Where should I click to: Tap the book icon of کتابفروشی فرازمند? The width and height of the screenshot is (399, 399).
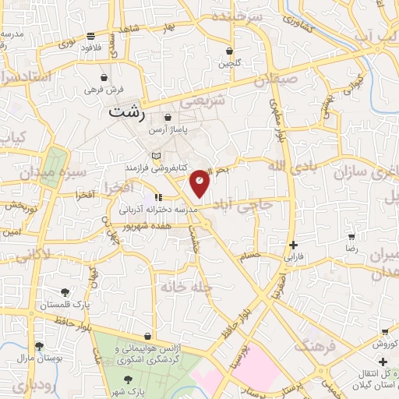click(x=156, y=156)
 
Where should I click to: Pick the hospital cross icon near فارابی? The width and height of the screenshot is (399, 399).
click(x=293, y=244)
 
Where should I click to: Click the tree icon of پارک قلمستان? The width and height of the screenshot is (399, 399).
click(x=64, y=294)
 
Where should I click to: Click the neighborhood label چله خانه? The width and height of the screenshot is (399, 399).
click(x=185, y=288)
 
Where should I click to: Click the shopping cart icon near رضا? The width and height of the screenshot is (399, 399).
click(x=351, y=237)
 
